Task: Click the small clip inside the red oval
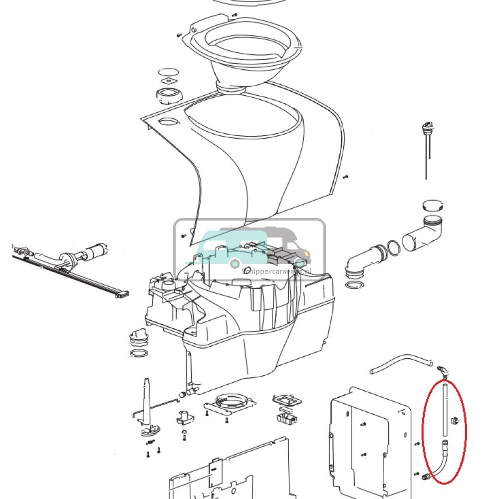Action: (454, 421)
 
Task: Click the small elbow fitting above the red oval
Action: (442, 371)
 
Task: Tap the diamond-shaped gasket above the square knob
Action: (168, 81)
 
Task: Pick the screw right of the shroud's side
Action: (346, 177)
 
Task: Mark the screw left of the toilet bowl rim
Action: (179, 35)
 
